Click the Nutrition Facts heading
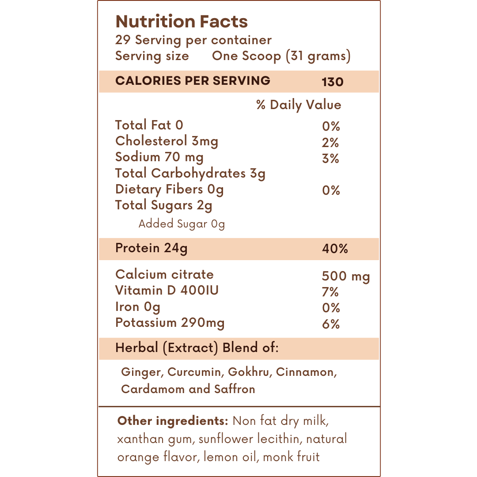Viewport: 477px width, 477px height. tap(181, 22)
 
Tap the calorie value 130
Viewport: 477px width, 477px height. tap(333, 82)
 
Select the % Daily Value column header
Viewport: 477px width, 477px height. tap(299, 105)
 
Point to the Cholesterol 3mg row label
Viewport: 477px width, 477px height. tap(167, 141)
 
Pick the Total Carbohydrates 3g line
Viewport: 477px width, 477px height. tap(190, 174)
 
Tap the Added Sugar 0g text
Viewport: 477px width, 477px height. tap(182, 224)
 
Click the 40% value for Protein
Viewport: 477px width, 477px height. tap(335, 249)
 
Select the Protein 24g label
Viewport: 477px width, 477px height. tap(151, 248)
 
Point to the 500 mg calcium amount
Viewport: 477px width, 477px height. tap(346, 277)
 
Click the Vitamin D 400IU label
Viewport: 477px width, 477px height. tap(167, 291)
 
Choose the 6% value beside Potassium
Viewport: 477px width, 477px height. tap(331, 324)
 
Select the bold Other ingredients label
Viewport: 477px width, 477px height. tap(173, 421)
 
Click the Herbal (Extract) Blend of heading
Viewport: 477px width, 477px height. tap(197, 348)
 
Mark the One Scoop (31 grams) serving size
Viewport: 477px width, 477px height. tap(281, 57)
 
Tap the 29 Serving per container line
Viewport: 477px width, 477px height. tap(193, 40)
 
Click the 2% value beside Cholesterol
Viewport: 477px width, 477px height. tap(330, 143)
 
